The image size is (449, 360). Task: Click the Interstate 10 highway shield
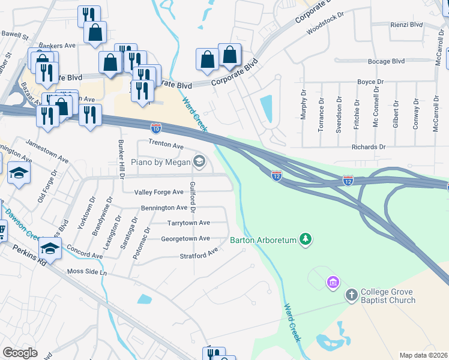155,127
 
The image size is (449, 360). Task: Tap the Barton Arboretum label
264,240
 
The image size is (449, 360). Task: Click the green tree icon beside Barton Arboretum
306,240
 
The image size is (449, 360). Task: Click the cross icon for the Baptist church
352,295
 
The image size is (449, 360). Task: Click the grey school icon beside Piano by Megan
199,161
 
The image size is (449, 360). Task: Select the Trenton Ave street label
166,146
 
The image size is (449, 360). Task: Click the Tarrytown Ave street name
188,223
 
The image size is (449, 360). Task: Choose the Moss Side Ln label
86,272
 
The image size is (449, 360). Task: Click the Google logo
20,353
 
